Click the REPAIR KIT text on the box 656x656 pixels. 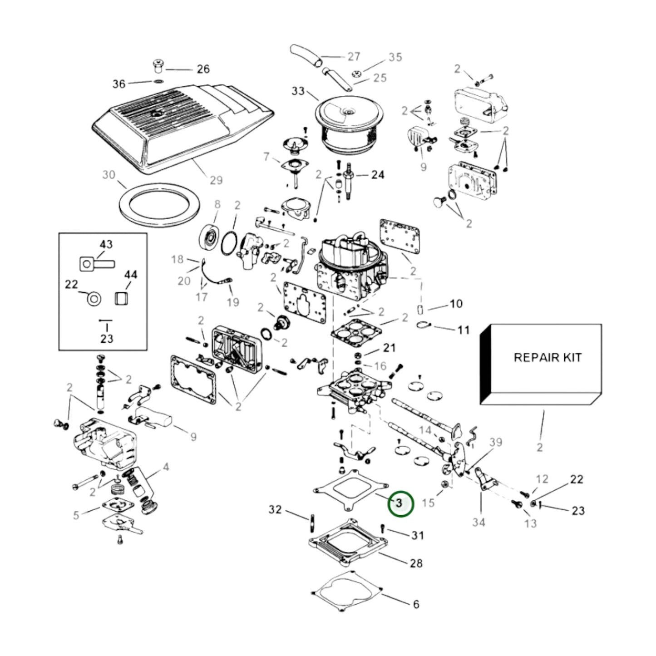point(547,357)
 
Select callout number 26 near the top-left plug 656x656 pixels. point(203,69)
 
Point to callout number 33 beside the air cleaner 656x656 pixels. point(298,91)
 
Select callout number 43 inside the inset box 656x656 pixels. point(106,244)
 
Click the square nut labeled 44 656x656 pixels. point(121,299)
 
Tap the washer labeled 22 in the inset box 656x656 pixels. point(94,299)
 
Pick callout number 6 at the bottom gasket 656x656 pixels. point(416,604)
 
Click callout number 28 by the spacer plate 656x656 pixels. point(416,563)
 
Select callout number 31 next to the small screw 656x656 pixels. point(417,535)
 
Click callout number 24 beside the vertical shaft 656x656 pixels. point(378,175)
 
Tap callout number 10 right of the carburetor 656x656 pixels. point(456,304)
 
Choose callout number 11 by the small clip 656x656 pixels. point(463,330)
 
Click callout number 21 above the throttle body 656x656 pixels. point(389,348)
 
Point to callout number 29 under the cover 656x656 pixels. point(216,180)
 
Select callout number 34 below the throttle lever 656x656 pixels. point(478,522)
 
